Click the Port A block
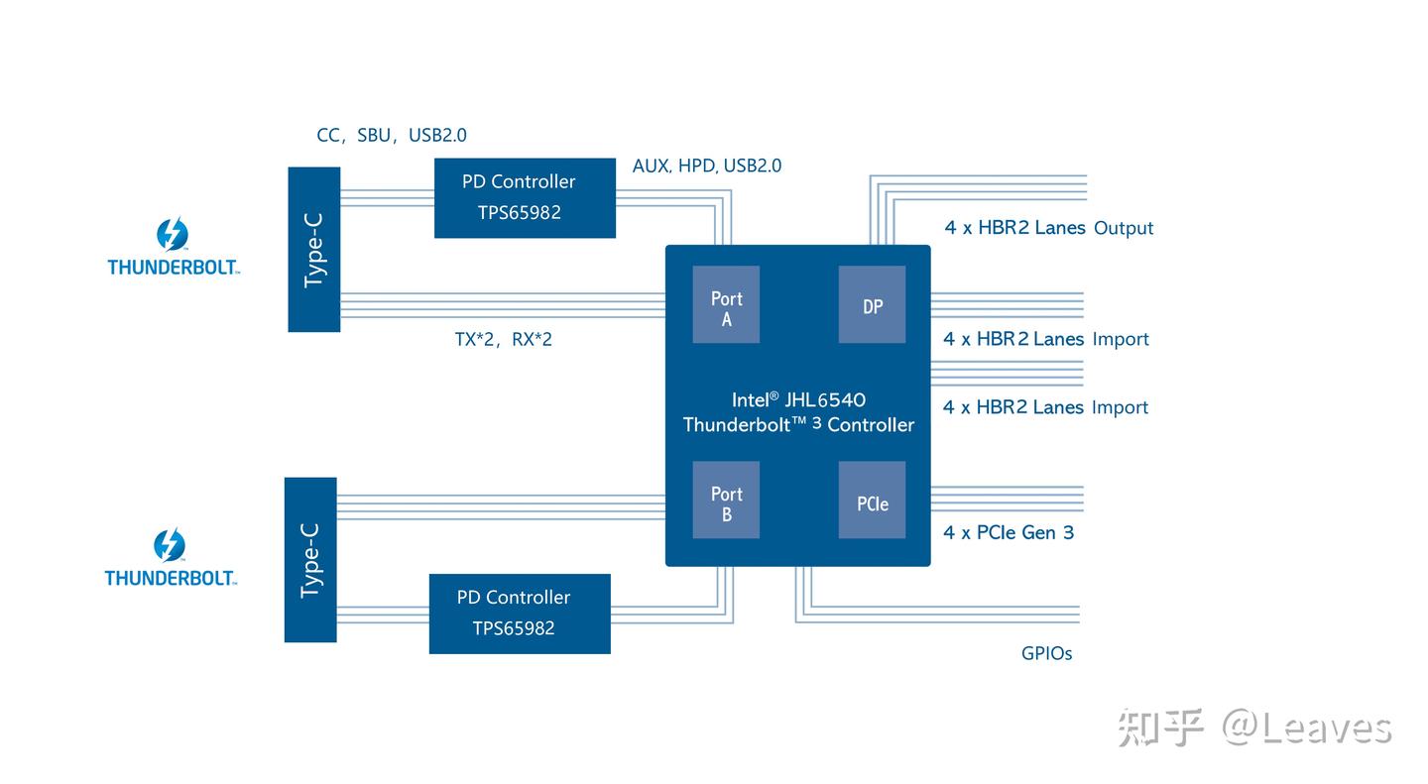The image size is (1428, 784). [726, 304]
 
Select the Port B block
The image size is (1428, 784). [726, 500]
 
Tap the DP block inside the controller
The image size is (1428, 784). [872, 304]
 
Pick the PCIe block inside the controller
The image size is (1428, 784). [872, 501]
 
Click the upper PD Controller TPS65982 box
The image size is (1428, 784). [525, 198]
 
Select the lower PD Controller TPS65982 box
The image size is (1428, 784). [520, 614]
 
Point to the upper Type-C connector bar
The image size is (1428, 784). [314, 249]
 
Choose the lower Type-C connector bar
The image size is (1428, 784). [310, 560]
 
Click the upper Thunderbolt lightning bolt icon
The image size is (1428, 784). [173, 235]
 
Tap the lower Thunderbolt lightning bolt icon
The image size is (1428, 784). [170, 545]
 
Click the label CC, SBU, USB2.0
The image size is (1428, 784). [391, 136]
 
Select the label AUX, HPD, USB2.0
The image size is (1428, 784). [706, 167]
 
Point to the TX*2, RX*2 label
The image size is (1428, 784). [503, 340]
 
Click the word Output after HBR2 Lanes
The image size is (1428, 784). [1124, 228]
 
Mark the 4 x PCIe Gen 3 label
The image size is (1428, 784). [1008, 532]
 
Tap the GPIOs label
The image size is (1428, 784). [1046, 654]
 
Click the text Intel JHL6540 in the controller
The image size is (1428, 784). [798, 399]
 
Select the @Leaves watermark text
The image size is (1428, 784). [1306, 728]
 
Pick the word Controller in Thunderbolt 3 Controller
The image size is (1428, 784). [871, 425]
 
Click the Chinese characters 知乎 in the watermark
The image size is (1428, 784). [1160, 728]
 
